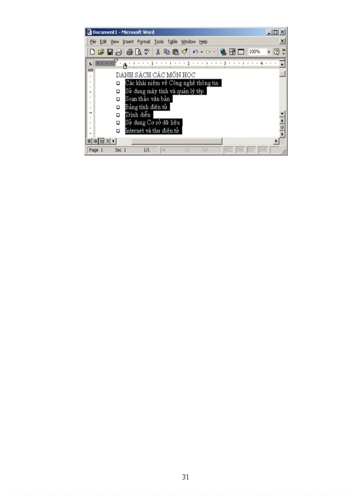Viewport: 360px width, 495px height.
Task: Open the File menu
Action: point(93,41)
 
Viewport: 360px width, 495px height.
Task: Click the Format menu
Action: point(143,41)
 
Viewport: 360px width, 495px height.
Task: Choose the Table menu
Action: point(172,41)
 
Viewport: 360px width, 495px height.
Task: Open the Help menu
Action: point(203,41)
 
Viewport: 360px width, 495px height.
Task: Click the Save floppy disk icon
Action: point(110,52)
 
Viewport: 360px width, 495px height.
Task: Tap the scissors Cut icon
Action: point(157,52)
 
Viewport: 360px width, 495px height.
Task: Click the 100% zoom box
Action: point(256,52)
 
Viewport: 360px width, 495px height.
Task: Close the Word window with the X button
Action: point(282,32)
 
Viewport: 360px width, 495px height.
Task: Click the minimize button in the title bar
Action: point(270,32)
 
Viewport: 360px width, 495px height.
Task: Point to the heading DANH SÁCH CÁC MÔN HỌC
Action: point(155,75)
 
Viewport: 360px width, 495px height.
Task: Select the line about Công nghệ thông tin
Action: point(172,83)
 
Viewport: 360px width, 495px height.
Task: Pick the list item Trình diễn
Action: point(138,115)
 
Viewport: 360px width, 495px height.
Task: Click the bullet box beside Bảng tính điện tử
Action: point(118,107)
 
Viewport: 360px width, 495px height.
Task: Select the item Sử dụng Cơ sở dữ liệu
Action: point(152,123)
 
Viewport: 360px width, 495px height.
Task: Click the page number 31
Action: point(185,477)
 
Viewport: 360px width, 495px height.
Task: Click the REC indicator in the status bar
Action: point(229,150)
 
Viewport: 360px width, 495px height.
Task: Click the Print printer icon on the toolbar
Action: point(130,52)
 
